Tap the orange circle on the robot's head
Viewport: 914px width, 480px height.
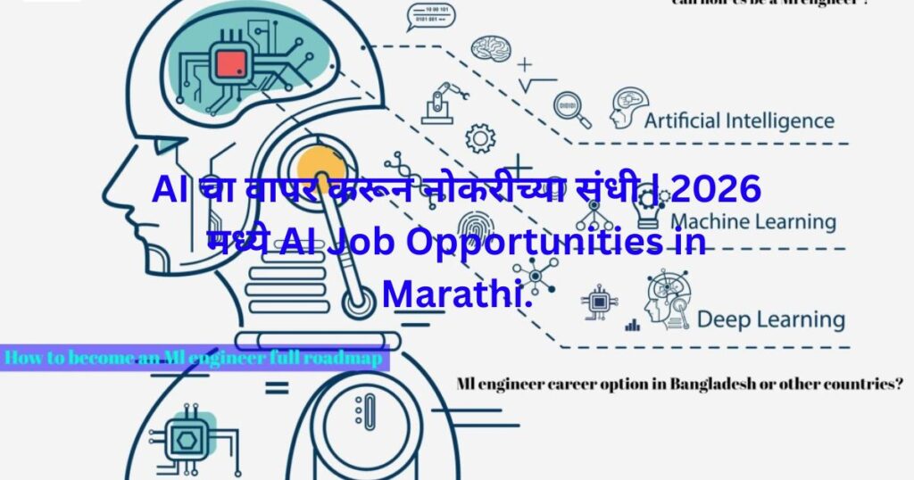click(321, 169)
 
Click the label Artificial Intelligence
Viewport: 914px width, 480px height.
click(739, 120)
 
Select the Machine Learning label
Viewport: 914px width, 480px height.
click(752, 221)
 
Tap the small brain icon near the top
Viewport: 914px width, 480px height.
click(491, 48)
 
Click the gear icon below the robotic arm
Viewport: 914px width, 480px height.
click(480, 138)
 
